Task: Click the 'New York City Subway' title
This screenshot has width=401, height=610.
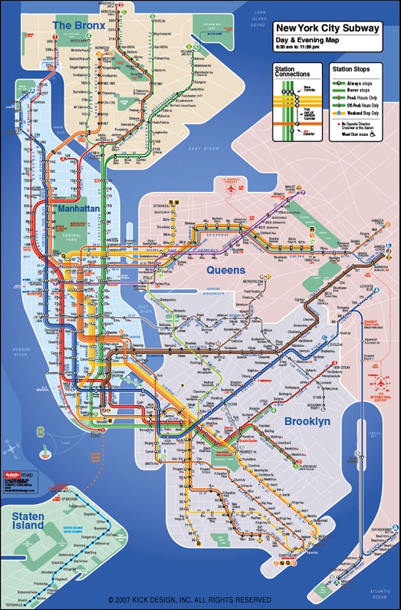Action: (327, 28)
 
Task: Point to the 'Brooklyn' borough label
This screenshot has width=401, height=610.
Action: (307, 422)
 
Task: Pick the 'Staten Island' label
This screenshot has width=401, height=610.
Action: (28, 523)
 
